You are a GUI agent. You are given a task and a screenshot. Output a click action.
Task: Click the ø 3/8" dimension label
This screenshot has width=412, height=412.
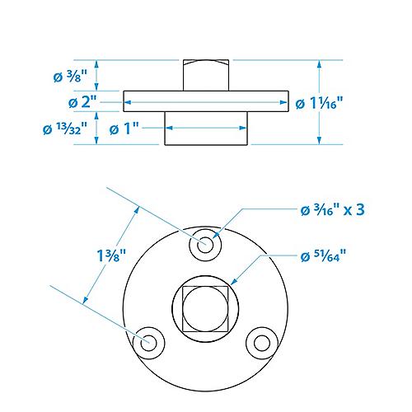click(x=70, y=76)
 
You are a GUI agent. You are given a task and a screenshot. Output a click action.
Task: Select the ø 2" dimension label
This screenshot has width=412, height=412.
click(x=82, y=102)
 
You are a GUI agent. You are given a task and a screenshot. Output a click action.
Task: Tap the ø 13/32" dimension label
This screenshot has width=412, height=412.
click(x=65, y=129)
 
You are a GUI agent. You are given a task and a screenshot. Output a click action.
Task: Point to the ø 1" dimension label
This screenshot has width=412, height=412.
click(x=124, y=129)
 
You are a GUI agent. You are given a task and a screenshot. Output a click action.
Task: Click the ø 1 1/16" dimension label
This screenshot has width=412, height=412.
click(x=319, y=103)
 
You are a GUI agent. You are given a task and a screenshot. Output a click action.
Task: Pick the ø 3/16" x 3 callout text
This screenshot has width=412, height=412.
click(x=333, y=210)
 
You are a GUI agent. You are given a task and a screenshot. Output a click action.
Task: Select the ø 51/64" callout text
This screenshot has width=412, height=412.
click(x=323, y=256)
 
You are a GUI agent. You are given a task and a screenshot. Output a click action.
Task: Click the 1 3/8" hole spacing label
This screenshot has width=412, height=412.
click(x=111, y=255)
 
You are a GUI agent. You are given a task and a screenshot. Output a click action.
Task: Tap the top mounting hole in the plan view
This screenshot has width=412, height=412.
click(x=205, y=245)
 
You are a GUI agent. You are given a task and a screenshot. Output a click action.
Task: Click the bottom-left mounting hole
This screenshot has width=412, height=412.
click(x=148, y=343)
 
